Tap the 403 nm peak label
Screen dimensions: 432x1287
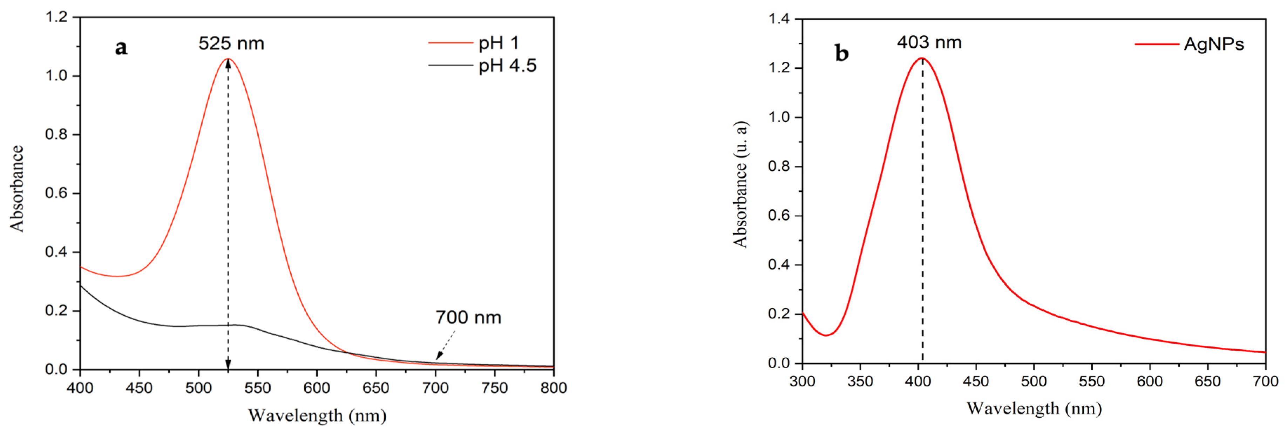pyautogui.click(x=929, y=42)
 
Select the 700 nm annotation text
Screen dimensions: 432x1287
pyautogui.click(x=468, y=318)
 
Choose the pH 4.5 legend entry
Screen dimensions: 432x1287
pyautogui.click(x=507, y=66)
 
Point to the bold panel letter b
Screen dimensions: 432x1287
pyautogui.click(x=841, y=53)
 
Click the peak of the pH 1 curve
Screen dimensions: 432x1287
pyautogui.click(x=228, y=59)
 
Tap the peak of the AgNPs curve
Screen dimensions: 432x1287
pyautogui.click(x=922, y=58)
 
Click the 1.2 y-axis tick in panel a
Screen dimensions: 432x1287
pyautogui.click(x=56, y=17)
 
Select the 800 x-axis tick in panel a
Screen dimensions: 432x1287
pyautogui.click(x=554, y=388)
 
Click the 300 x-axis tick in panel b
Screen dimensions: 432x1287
pyautogui.click(x=802, y=382)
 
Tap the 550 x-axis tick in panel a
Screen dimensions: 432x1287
pyautogui.click(x=257, y=388)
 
